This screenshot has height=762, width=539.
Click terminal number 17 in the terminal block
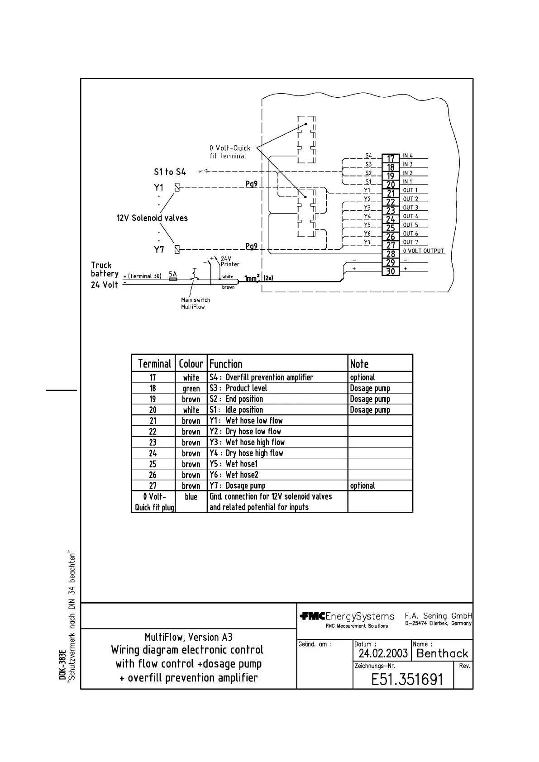click(391, 159)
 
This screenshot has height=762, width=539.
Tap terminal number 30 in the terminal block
click(391, 271)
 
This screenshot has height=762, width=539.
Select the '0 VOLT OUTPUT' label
click(424, 251)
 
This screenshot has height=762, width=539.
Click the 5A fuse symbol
click(173, 279)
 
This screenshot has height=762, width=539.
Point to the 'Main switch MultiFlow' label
click(196, 303)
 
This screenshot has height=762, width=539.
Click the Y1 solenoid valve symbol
click(177, 187)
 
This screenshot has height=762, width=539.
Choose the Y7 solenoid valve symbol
click(177, 249)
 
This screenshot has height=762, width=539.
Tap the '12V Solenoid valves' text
click(152, 218)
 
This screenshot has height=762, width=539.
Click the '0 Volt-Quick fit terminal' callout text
click(229, 152)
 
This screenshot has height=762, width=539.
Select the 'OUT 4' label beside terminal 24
click(410, 216)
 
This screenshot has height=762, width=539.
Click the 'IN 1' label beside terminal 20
click(408, 181)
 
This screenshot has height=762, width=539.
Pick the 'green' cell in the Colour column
click(191, 388)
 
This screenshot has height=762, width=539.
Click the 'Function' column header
click(226, 364)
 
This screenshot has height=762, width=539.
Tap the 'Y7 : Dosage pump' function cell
click(238, 486)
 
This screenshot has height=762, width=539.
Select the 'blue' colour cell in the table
click(191, 497)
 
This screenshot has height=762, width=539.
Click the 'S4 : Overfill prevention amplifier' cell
click(261, 377)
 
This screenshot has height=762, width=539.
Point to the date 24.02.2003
click(383, 653)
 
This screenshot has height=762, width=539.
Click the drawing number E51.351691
click(407, 679)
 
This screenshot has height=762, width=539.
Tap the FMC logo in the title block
click(312, 616)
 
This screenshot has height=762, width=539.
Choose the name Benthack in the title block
click(442, 653)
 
